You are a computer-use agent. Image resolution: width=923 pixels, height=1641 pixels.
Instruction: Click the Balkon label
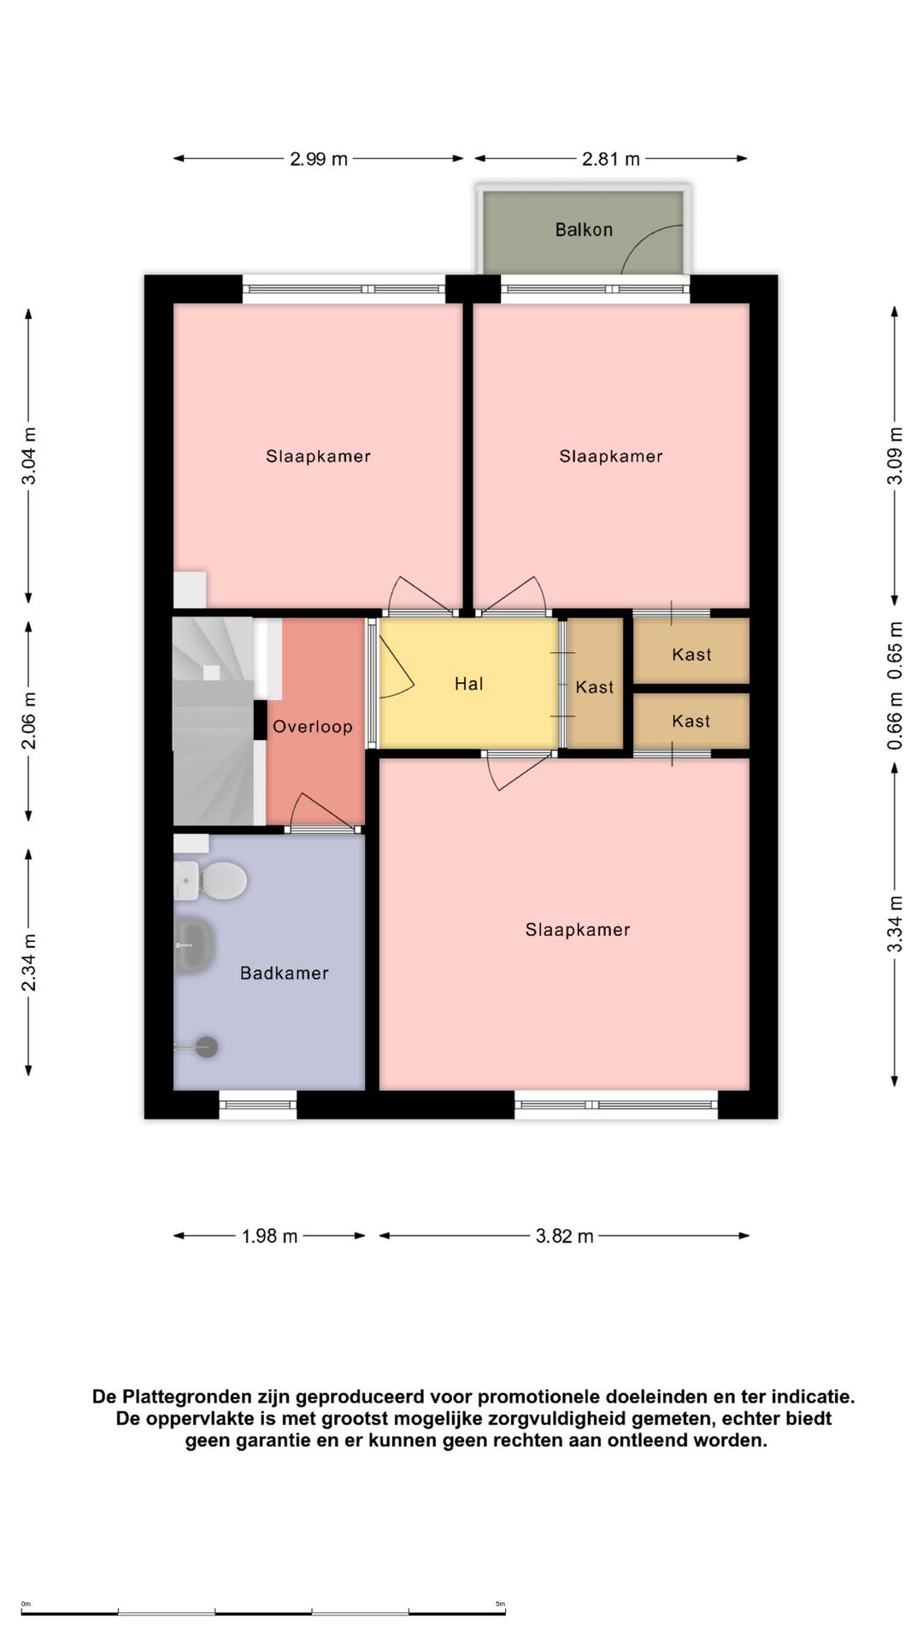[x=584, y=229]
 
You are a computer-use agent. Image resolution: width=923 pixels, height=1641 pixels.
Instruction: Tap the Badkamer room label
[x=285, y=973]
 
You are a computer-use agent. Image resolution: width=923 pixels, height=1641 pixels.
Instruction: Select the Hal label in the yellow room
[x=469, y=684]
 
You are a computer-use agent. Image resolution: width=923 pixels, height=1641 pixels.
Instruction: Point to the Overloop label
[x=313, y=726]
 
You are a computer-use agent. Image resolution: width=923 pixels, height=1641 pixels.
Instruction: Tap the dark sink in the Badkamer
[x=194, y=945]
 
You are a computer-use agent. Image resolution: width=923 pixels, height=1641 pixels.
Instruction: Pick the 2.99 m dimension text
[x=319, y=159]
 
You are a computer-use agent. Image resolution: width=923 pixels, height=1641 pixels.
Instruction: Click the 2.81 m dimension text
[x=611, y=159]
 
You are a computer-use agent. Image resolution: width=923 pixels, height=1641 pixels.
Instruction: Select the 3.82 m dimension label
[x=565, y=1236]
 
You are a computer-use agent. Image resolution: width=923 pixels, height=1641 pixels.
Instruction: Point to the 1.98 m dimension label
[x=270, y=1236]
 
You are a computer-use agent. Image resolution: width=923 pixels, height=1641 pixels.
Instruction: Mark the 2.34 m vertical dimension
[x=29, y=962]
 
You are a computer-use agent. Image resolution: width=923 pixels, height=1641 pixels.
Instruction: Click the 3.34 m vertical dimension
[x=895, y=924]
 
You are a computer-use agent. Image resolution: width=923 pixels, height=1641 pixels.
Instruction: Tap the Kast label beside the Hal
[x=595, y=687]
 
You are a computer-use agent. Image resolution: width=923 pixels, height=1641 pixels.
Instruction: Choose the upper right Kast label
[x=691, y=655]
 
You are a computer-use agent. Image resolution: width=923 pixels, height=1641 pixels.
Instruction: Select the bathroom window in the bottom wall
[x=258, y=1105]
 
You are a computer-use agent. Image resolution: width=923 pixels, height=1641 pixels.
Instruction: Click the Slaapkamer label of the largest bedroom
[x=578, y=930]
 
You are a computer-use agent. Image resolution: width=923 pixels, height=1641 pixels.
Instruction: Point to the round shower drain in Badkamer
[x=207, y=1046]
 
